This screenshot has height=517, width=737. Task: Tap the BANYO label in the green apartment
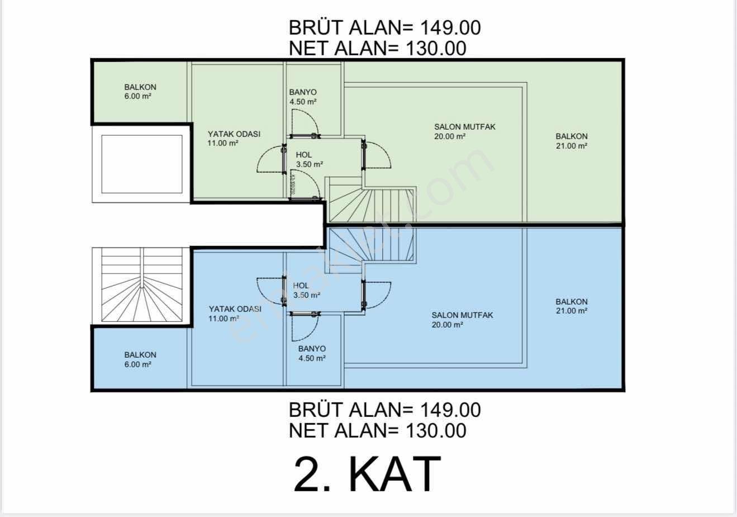(303, 92)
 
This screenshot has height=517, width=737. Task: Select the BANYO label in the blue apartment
(312, 349)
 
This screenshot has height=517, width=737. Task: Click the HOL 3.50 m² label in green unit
(309, 160)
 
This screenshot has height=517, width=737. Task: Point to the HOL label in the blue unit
(301, 286)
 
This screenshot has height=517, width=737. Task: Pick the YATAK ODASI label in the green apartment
(234, 134)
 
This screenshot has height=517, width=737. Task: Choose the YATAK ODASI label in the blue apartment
(235, 309)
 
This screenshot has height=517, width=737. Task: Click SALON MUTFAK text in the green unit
(464, 127)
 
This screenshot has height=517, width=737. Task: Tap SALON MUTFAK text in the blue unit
(462, 315)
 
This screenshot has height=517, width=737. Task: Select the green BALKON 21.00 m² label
(572, 141)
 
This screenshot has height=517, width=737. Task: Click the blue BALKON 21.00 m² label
(572, 306)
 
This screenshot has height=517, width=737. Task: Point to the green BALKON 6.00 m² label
(140, 92)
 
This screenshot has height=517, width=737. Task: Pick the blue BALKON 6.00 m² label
(140, 359)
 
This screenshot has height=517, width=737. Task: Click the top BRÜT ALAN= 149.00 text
(384, 27)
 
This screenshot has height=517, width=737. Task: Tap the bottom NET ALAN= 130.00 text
(377, 430)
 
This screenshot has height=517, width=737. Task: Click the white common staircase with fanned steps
(142, 284)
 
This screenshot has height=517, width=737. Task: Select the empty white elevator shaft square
(142, 164)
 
